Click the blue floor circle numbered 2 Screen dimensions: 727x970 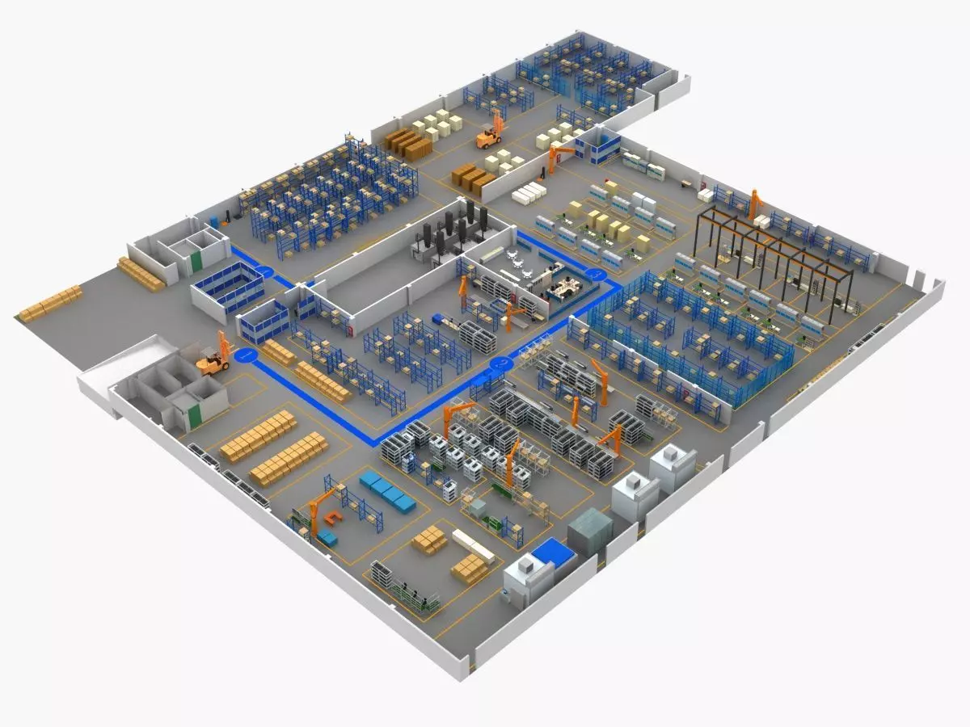pos(264,272)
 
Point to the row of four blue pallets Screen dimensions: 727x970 pos(387,492)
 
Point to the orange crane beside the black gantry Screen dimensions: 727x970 pos(756,204)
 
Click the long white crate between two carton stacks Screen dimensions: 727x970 pos(473,546)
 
